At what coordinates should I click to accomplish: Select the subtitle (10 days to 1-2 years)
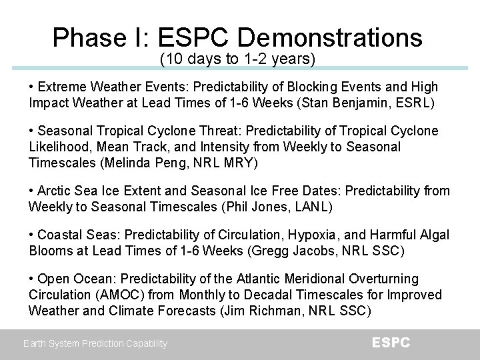pyautogui.click(x=237, y=59)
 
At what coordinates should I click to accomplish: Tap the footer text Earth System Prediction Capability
pyautogui.click(x=95, y=344)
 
